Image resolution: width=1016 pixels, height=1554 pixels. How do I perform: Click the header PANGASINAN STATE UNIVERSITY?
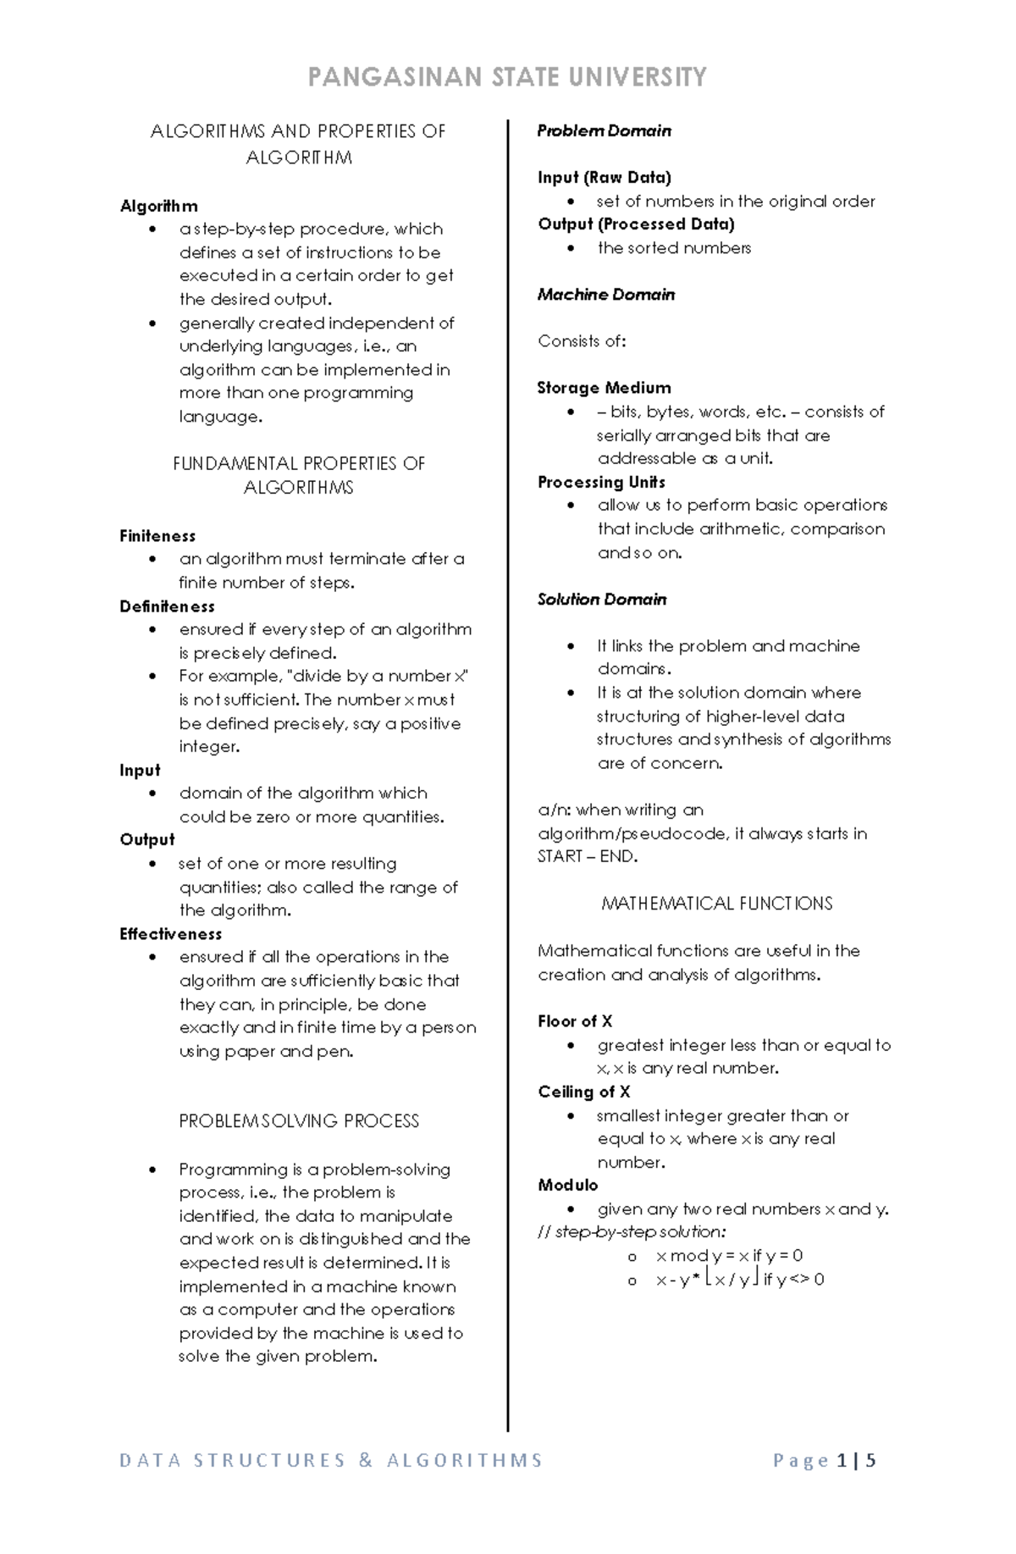pyautogui.click(x=507, y=78)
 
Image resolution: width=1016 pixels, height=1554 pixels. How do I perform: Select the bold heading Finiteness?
pyautogui.click(x=157, y=536)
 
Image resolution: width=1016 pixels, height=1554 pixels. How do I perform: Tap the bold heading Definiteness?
pyautogui.click(x=167, y=606)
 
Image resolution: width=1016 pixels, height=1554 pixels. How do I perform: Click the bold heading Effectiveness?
pyautogui.click(x=170, y=934)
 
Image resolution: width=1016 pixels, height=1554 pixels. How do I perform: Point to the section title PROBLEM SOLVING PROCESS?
pyautogui.click(x=299, y=1121)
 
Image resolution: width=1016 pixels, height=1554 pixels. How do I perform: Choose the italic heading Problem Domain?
pyautogui.click(x=604, y=131)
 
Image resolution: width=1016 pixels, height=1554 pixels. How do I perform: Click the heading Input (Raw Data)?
pyautogui.click(x=604, y=178)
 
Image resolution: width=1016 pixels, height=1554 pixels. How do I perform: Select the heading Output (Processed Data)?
pyautogui.click(x=636, y=224)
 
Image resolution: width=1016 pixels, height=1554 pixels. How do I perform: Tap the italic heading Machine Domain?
pyautogui.click(x=606, y=295)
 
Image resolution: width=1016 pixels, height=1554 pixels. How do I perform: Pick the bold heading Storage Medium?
pyautogui.click(x=604, y=388)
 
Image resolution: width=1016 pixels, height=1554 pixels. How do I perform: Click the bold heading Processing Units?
pyautogui.click(x=601, y=482)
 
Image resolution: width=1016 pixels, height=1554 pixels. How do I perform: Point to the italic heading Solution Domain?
pyautogui.click(x=602, y=600)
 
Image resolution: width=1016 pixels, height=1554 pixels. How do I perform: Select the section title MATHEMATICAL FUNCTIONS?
pyautogui.click(x=716, y=904)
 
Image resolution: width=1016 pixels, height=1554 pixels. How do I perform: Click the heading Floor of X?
pyautogui.click(x=575, y=1021)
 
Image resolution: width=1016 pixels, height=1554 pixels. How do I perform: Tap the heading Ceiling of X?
pyautogui.click(x=584, y=1092)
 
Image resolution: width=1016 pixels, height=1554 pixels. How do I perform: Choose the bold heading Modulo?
pyautogui.click(x=568, y=1185)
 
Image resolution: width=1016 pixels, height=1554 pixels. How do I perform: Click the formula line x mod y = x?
pyautogui.click(x=729, y=1256)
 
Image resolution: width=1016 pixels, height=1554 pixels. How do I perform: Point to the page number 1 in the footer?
pyautogui.click(x=842, y=1461)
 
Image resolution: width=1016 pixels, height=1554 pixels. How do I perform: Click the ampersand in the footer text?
pyautogui.click(x=366, y=1461)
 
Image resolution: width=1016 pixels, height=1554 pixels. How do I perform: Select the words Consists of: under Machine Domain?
pyautogui.click(x=582, y=341)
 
